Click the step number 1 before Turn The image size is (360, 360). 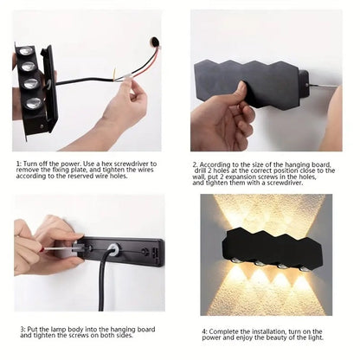[18, 162]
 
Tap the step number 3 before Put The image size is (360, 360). [22, 328]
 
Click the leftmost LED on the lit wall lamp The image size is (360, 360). [234, 262]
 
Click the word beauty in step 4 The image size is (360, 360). [286, 337]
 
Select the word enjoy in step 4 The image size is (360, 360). [252, 337]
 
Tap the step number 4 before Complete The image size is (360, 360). [204, 330]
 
